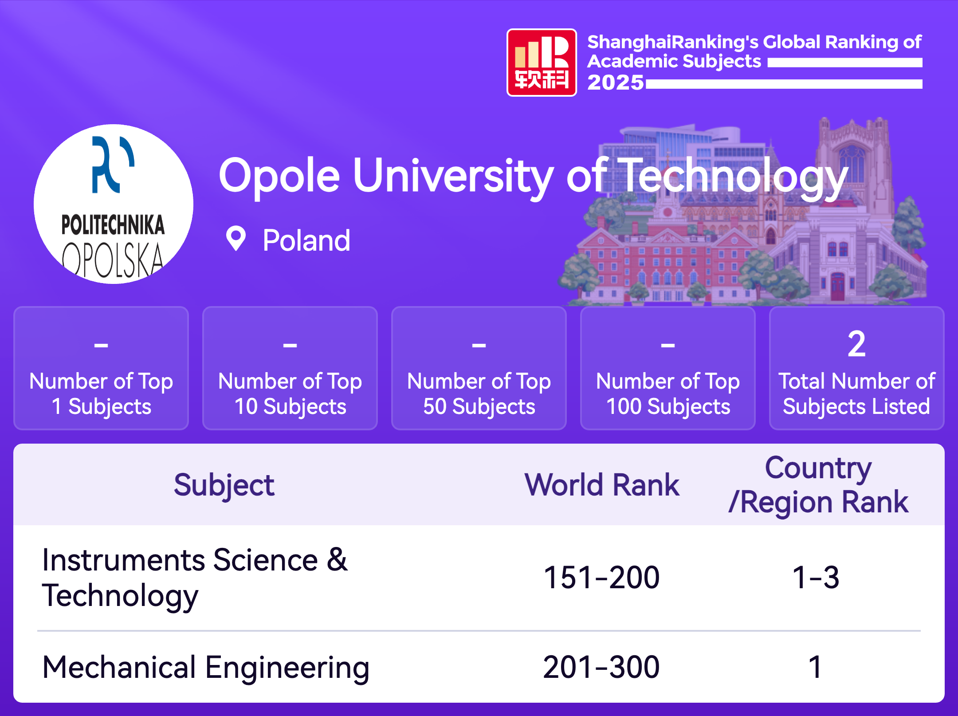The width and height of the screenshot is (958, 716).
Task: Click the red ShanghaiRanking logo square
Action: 542,63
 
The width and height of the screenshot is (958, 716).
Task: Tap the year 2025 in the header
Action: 616,83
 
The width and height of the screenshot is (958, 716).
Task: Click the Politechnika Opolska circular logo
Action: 114,204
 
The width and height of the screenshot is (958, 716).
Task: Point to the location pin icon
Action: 236,239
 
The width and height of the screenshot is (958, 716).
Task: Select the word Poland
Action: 306,240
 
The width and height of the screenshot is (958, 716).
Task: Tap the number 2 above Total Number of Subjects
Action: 856,344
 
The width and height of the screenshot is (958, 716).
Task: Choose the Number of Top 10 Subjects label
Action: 290,394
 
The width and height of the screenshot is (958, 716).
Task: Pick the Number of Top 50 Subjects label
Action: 479,394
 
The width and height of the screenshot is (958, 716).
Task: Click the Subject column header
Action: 224,485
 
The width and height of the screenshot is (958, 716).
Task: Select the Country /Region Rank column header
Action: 818,485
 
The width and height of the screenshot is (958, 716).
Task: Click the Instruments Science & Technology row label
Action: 195,578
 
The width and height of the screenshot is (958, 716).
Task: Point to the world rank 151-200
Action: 602,578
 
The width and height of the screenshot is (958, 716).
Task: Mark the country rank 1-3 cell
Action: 816,578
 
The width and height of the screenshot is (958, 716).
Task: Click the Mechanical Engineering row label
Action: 206,668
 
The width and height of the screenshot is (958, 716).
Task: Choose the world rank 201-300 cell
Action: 601,667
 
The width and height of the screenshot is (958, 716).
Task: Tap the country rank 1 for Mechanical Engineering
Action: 815,667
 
